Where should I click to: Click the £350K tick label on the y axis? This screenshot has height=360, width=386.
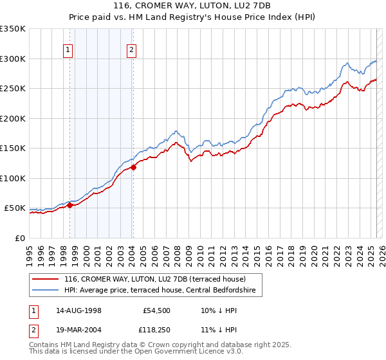click(13, 29)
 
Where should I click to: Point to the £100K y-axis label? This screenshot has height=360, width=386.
click(13, 178)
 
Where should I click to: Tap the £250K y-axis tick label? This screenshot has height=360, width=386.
click(13, 89)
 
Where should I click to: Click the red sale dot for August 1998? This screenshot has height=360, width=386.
click(69, 206)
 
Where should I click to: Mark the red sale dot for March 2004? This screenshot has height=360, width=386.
click(133, 167)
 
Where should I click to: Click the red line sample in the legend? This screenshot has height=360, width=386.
click(46, 279)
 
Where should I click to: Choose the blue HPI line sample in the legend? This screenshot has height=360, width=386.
click(46, 291)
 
